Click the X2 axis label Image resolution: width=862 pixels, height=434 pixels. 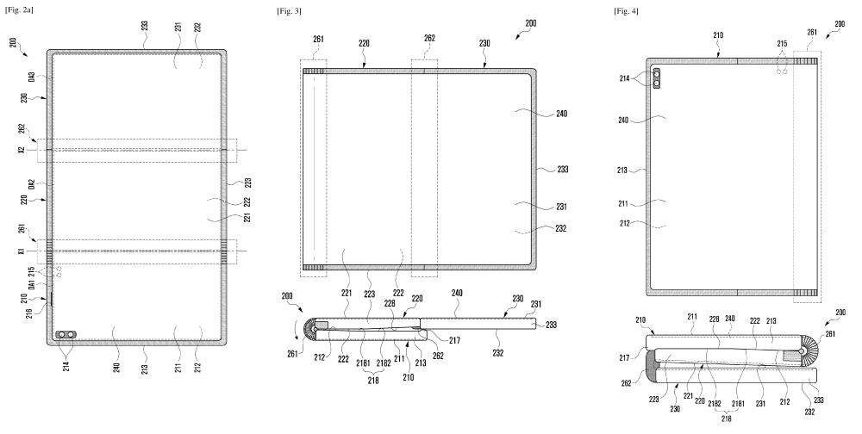click(33, 151)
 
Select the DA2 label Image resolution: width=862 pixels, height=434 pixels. click(33, 184)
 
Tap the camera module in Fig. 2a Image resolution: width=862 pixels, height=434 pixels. click(64, 335)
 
